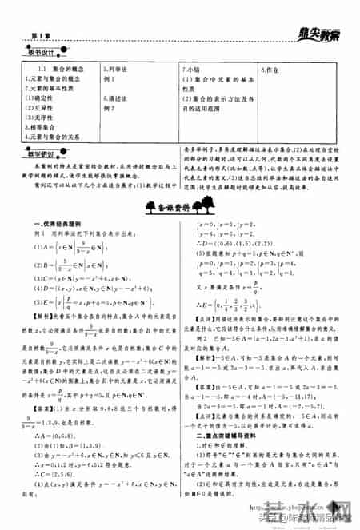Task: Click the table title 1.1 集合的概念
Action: tap(50, 70)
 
